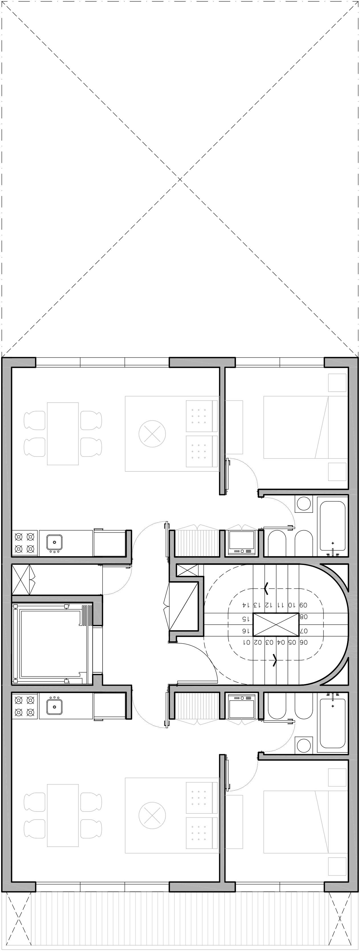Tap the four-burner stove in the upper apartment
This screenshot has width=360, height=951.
click(x=25, y=543)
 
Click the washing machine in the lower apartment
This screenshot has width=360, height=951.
click(x=242, y=706)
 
